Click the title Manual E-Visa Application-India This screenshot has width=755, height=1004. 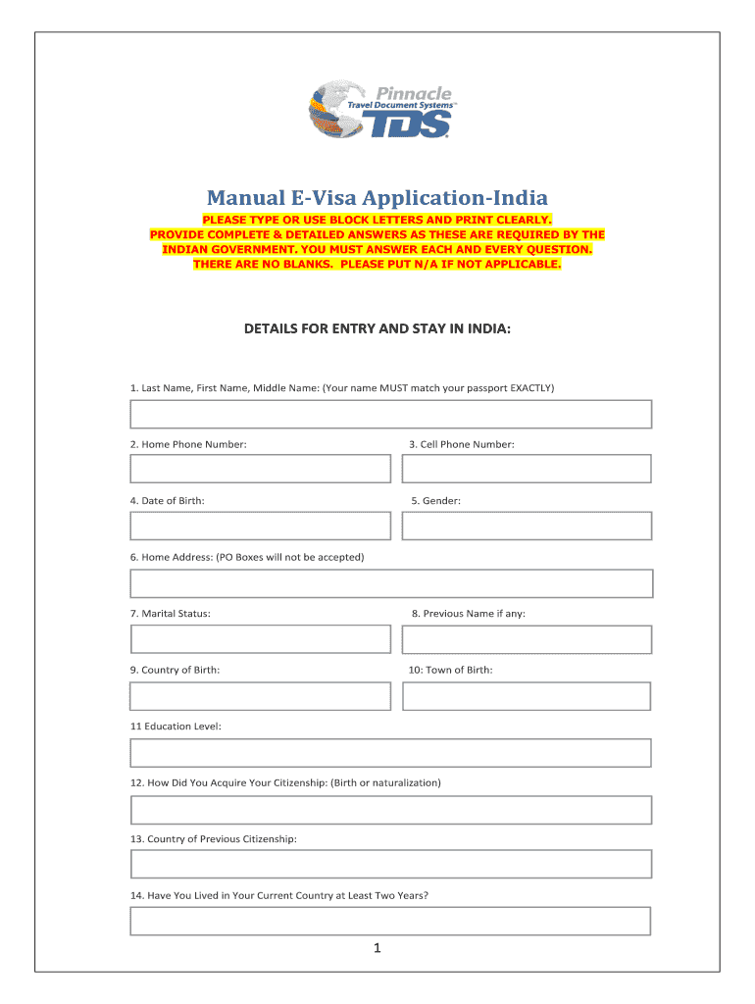click(x=377, y=197)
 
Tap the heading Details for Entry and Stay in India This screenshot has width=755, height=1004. click(x=377, y=329)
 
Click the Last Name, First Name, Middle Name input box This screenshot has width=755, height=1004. click(x=391, y=414)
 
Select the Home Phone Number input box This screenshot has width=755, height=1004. click(x=260, y=469)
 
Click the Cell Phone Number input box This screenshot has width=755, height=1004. click(x=527, y=469)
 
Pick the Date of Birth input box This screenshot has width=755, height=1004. click(x=260, y=526)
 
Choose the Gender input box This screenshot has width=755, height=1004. click(x=527, y=526)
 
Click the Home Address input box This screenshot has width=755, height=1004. click(x=391, y=583)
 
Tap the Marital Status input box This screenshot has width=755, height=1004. click(x=260, y=639)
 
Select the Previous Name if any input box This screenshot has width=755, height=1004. click(x=527, y=639)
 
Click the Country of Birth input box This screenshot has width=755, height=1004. click(x=260, y=696)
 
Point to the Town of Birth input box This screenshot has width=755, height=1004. click(x=527, y=696)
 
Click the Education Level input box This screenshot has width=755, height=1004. click(x=391, y=753)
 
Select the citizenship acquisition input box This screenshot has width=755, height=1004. click(x=391, y=810)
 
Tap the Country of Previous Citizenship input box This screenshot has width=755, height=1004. click(x=391, y=864)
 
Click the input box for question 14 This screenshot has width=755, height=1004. click(x=391, y=921)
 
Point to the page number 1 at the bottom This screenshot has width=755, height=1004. click(x=377, y=949)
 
